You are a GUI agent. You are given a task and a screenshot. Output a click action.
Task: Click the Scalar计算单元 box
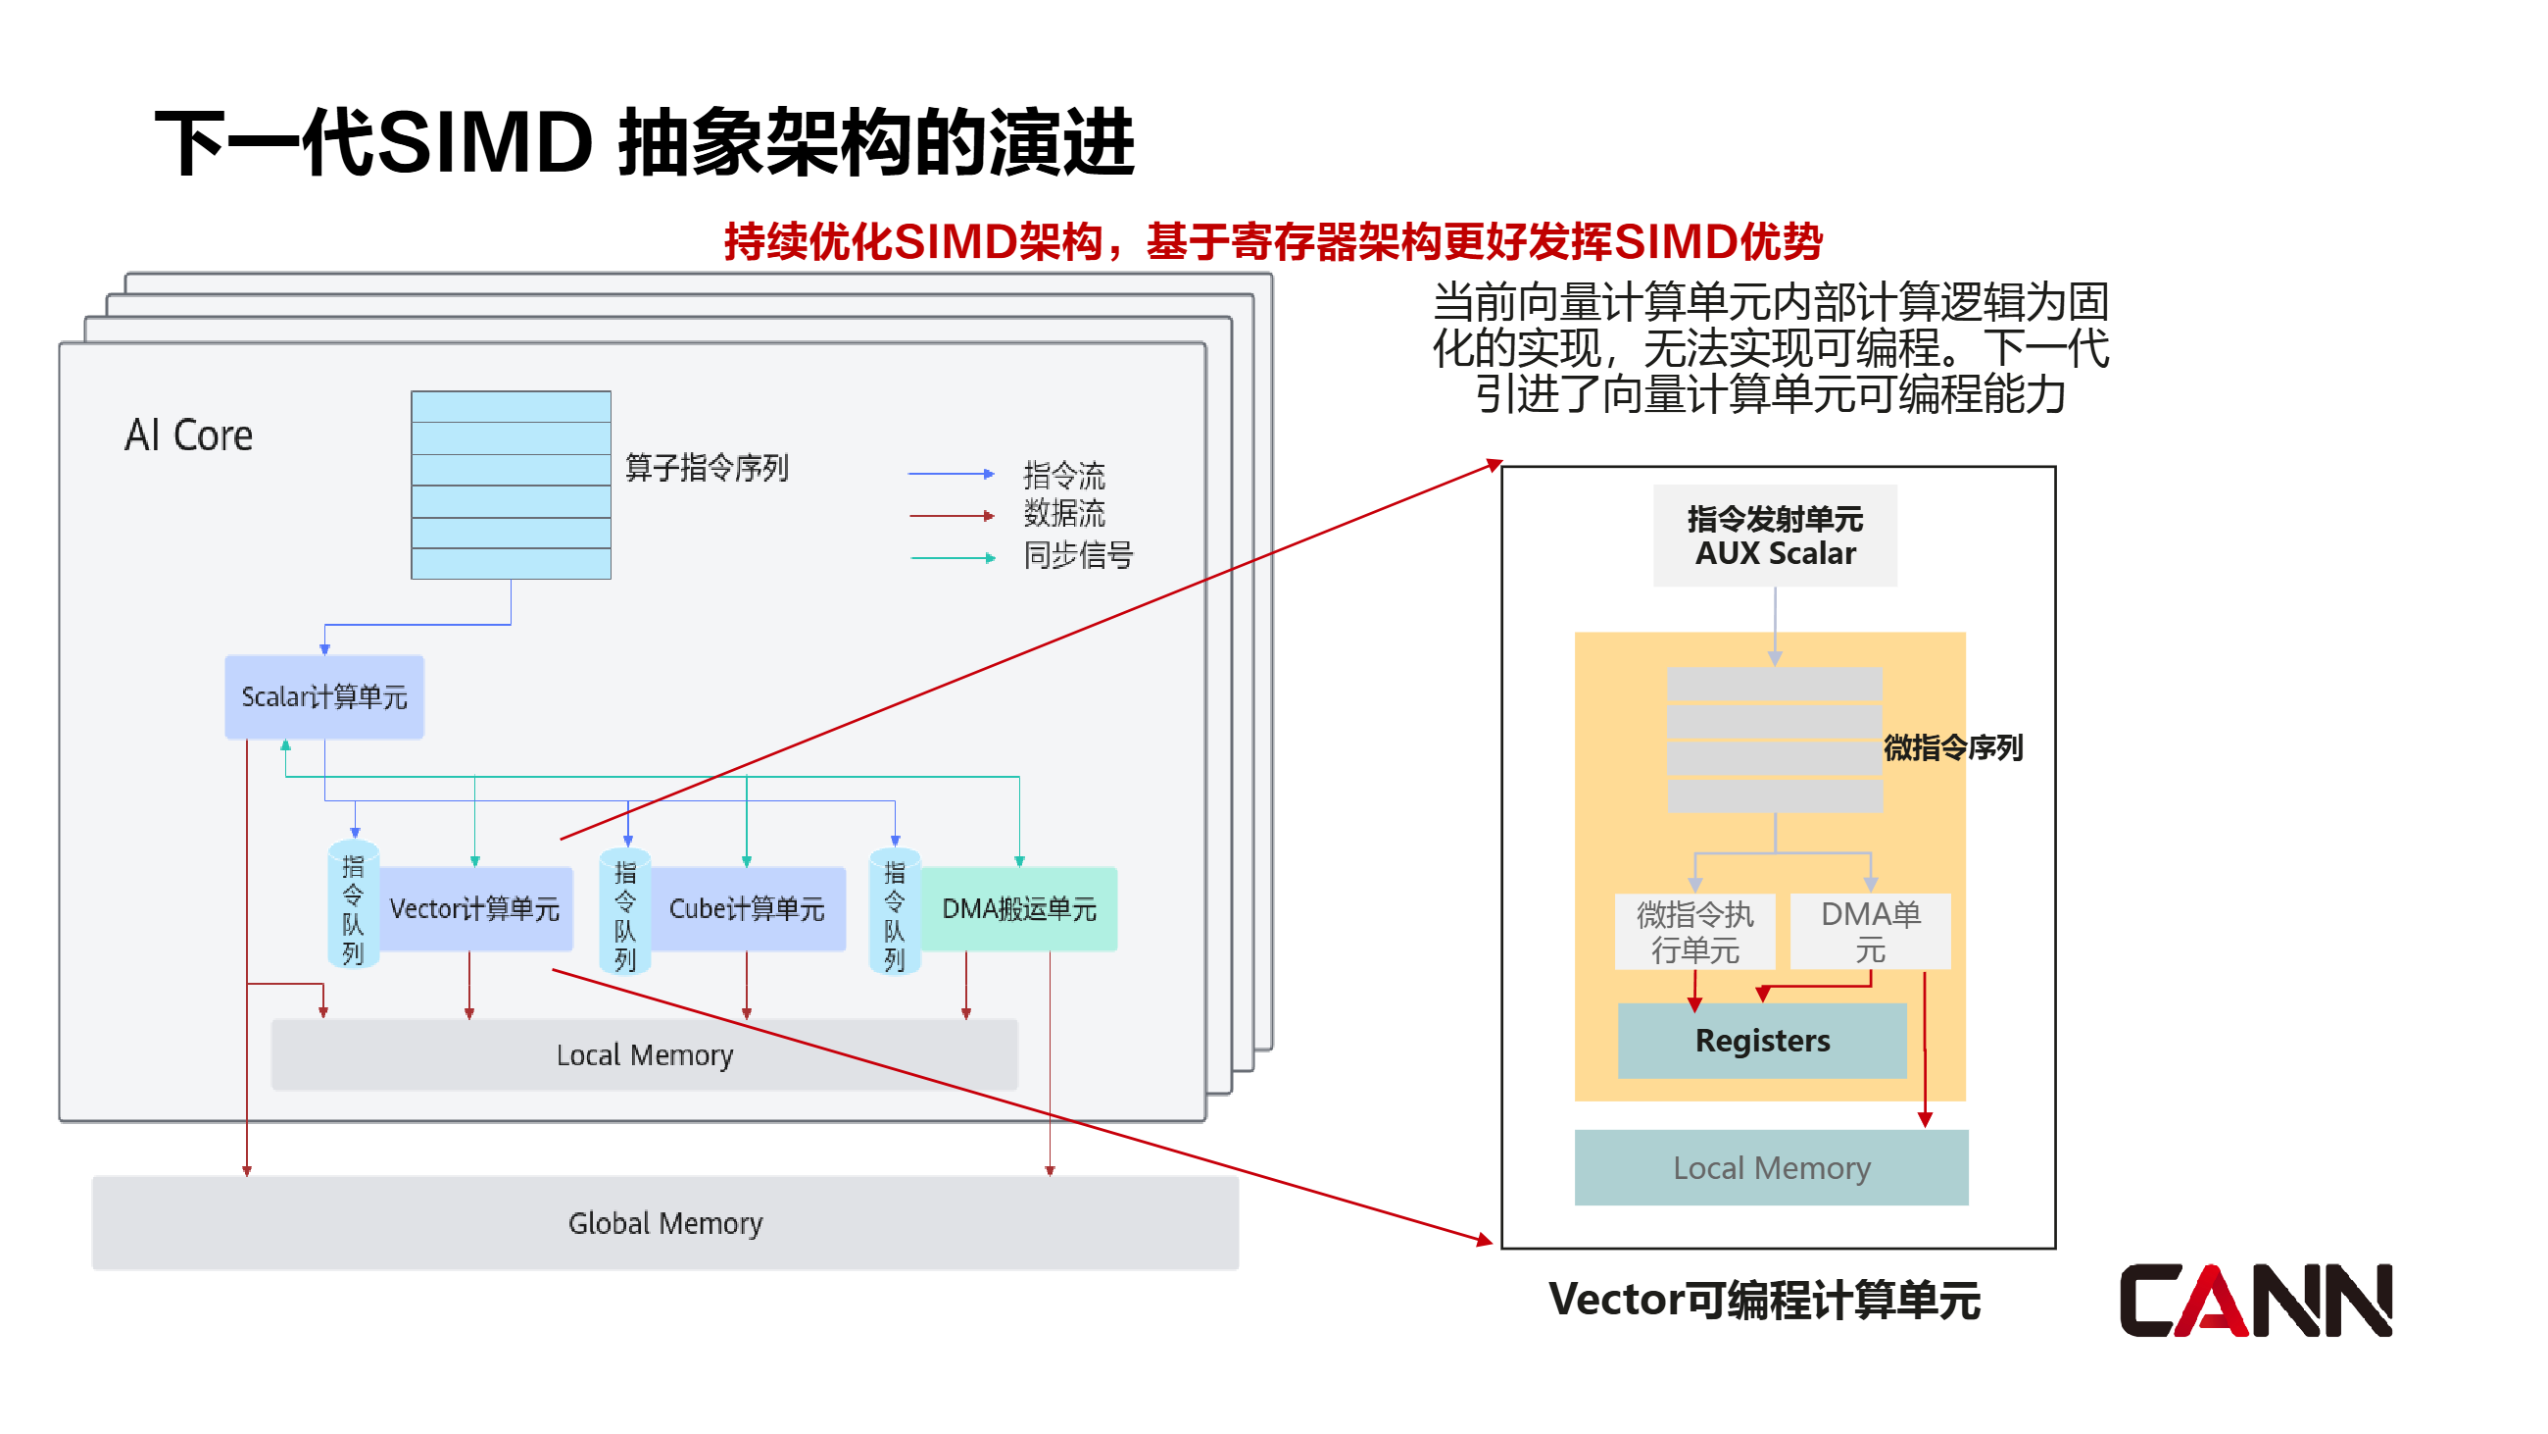point(323,696)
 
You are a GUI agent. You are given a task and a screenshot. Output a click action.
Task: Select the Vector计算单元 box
point(474,908)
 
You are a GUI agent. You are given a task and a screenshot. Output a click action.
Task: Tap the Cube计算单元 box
point(747,908)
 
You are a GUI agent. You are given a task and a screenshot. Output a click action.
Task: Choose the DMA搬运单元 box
point(1019,908)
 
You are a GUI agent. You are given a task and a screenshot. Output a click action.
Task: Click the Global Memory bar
point(664,1223)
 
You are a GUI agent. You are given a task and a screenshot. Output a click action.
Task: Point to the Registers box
point(1762,1040)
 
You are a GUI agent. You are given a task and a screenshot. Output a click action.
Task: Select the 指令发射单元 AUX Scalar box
point(1775,536)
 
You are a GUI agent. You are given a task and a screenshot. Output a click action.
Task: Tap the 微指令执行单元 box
point(1694,931)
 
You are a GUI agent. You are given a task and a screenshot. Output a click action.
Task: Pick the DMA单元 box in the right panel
point(1870,931)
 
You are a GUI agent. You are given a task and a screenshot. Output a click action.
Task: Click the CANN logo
point(2255,1300)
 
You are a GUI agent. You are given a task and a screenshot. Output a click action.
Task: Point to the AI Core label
point(188,435)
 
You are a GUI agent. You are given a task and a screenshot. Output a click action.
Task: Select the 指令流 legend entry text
point(1063,475)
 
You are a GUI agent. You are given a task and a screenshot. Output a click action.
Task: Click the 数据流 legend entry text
point(1063,514)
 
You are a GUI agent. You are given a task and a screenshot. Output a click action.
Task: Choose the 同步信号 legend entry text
point(1077,555)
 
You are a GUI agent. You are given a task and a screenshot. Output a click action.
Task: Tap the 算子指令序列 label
point(707,467)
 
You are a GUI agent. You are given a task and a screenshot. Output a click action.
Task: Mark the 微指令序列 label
point(1952,747)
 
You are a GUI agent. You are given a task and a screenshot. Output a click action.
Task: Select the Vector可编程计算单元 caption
point(1764,1300)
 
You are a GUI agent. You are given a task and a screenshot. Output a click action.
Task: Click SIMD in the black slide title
point(485,143)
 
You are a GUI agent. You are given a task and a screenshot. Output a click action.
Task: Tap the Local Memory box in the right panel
point(1771,1168)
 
